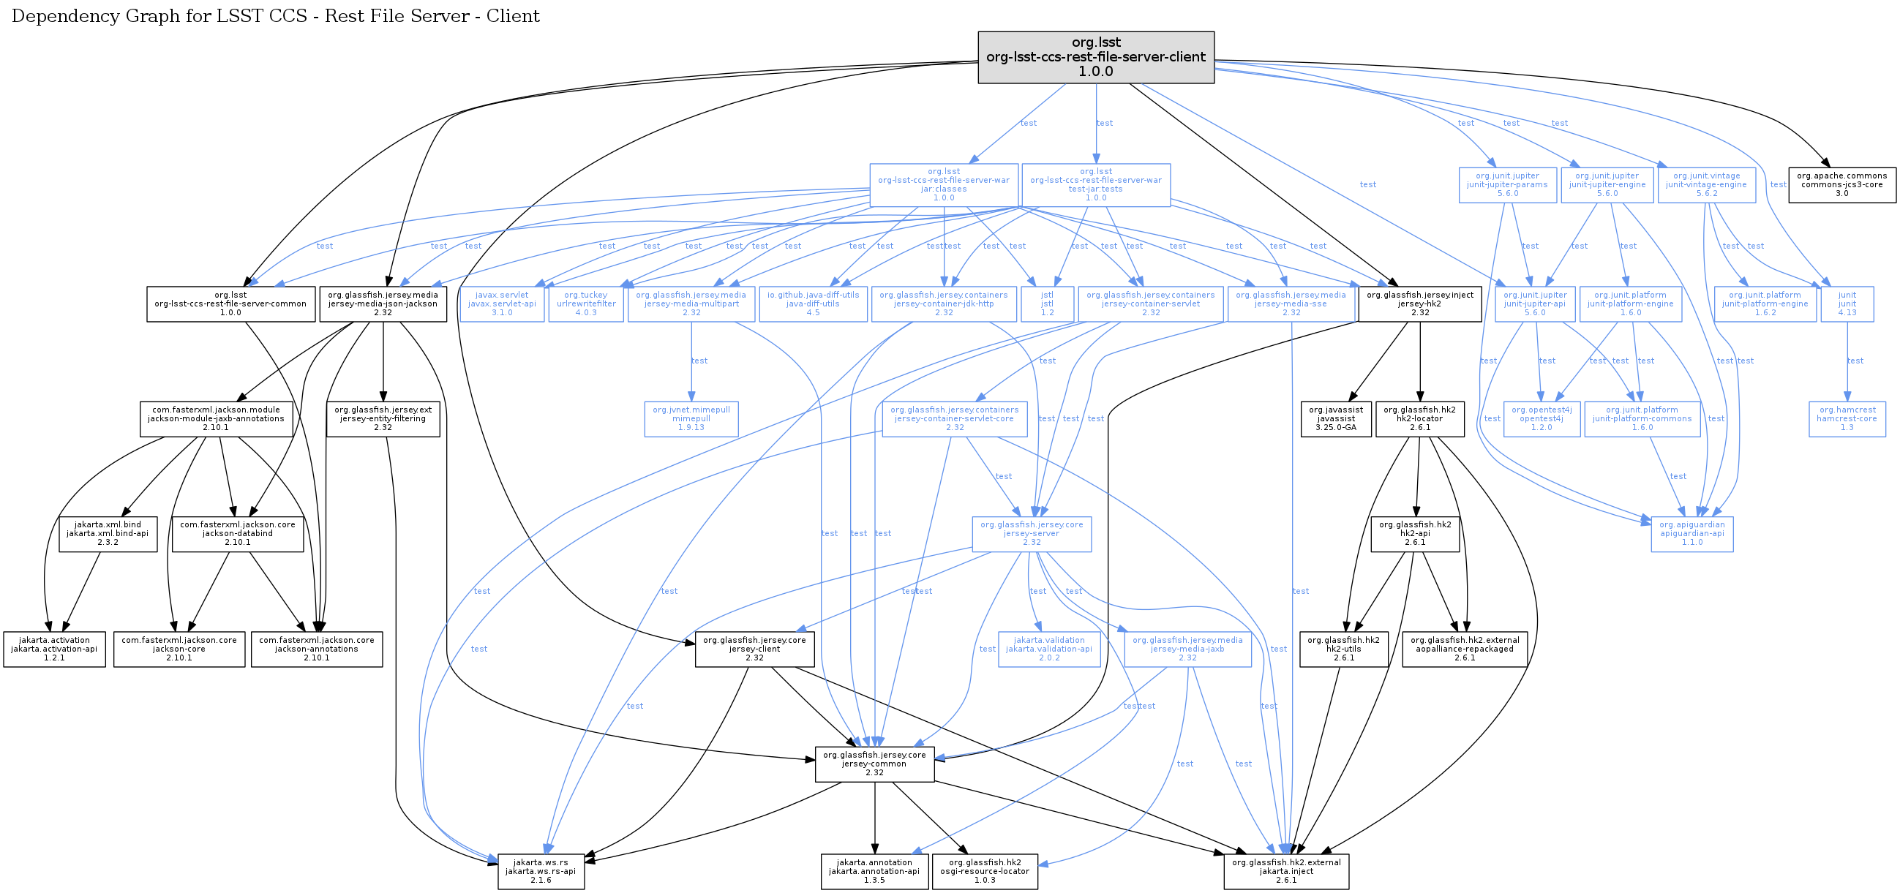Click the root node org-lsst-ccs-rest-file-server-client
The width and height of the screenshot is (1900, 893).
(x=1095, y=57)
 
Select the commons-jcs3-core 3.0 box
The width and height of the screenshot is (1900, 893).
(x=1841, y=184)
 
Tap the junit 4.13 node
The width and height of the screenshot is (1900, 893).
(x=1847, y=304)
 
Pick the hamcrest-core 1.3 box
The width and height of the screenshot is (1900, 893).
(x=1847, y=419)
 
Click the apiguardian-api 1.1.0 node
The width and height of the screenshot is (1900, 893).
(x=1692, y=534)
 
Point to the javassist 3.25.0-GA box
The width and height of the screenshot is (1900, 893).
(x=1336, y=419)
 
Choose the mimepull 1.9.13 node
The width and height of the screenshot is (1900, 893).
(x=691, y=419)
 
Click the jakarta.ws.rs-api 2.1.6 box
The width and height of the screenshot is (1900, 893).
(x=541, y=872)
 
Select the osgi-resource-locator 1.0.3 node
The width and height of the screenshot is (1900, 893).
(x=985, y=872)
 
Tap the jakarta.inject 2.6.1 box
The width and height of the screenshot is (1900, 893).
(x=1285, y=872)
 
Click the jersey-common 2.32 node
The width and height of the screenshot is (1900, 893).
(x=874, y=764)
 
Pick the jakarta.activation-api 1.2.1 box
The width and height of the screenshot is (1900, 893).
(x=54, y=649)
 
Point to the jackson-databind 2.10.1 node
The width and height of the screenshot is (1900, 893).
(x=238, y=534)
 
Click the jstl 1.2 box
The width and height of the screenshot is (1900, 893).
(x=1048, y=304)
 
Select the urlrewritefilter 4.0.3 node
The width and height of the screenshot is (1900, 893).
(x=585, y=304)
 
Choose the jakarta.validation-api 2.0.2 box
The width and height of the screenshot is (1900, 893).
(x=1049, y=649)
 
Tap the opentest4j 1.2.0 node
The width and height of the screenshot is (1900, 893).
(x=1542, y=419)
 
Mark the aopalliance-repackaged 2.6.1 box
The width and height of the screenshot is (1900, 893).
(x=1464, y=649)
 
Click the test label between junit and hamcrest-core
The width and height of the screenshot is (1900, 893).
(x=1855, y=361)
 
